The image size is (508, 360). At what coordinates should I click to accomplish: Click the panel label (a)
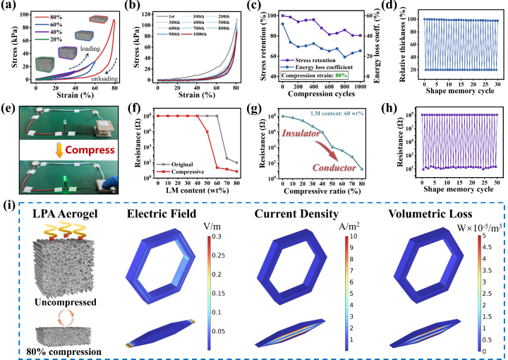pyautogui.click(x=10, y=6)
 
